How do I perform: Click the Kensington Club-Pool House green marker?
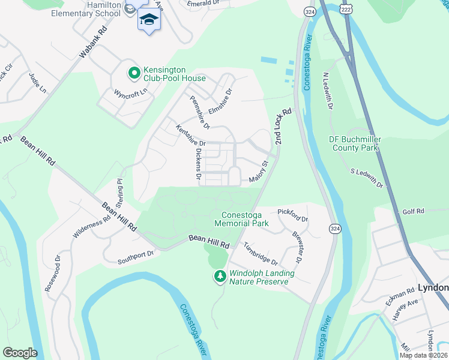click(x=134, y=73)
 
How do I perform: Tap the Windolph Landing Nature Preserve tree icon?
click(x=220, y=277)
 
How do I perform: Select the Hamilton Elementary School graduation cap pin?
click(x=149, y=20)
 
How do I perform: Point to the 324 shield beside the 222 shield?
click(x=310, y=11)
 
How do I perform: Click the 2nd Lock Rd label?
click(x=283, y=126)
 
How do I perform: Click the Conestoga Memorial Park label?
click(x=242, y=219)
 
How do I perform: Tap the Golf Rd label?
click(x=413, y=211)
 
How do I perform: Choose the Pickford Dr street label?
click(x=292, y=215)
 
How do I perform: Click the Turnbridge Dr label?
click(x=260, y=254)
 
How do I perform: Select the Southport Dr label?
click(x=136, y=257)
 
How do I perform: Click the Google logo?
click(x=20, y=352)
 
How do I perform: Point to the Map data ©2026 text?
click(x=423, y=355)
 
